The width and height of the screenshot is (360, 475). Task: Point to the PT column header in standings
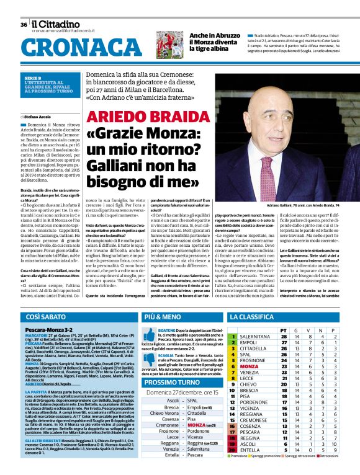pyautogui.click(x=284, y=330)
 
